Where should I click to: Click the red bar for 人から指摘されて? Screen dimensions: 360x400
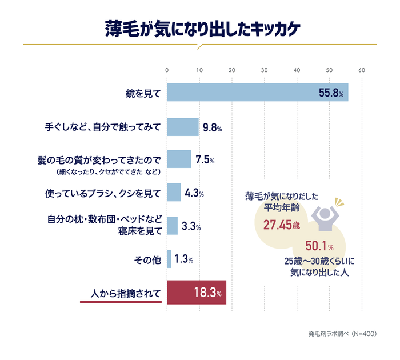point(196,293)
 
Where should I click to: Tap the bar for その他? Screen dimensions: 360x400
point(169,259)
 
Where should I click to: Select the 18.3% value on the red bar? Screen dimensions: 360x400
point(207,293)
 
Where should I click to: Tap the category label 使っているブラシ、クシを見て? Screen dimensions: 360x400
point(103,193)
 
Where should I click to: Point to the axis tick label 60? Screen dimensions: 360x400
point(361,70)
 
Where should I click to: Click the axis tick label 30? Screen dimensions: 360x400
point(264,70)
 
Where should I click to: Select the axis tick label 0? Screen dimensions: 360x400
point(167,70)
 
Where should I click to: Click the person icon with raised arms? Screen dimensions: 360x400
point(325,214)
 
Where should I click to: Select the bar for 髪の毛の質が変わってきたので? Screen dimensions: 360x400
point(179,159)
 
